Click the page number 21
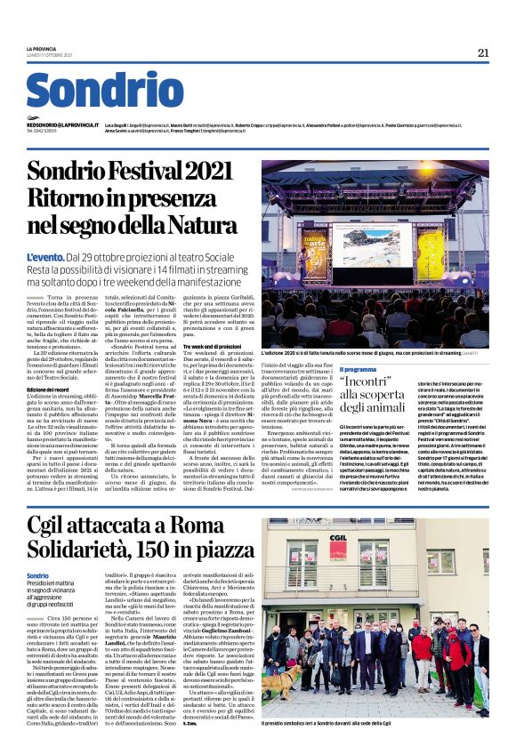coord(483,52)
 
